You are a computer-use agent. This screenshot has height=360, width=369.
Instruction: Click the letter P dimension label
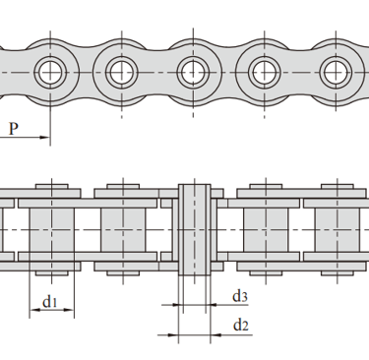tap(13, 129)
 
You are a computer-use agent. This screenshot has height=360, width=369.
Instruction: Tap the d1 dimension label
tap(50, 301)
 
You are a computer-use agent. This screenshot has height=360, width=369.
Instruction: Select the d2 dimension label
tap(241, 326)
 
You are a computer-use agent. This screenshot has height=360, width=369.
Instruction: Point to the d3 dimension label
tap(240, 296)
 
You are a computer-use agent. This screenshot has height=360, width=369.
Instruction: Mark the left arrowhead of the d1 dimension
tap(34, 310)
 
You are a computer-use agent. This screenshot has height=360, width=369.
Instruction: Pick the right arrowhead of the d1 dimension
tap(69, 310)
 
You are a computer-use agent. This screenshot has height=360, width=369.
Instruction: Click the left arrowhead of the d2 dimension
tap(173, 335)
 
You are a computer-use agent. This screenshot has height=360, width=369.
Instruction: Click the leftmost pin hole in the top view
tap(50, 72)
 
